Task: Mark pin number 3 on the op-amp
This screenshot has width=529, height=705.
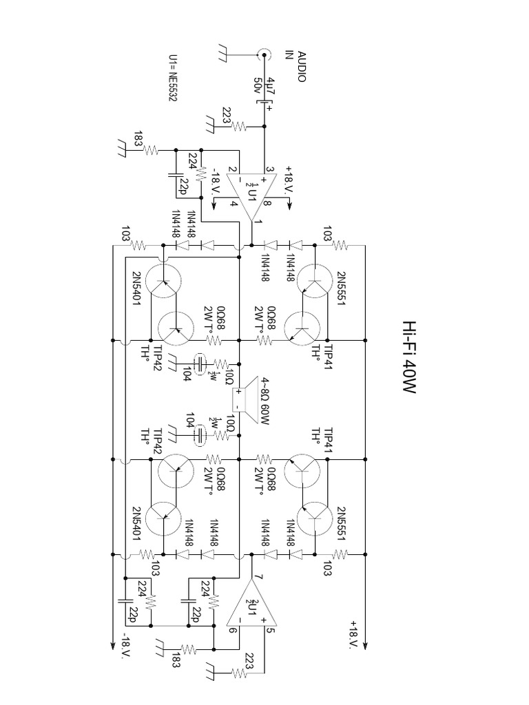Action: tap(271, 169)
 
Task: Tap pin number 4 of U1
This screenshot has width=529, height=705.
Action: tap(234, 204)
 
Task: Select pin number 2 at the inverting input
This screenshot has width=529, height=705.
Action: tap(234, 169)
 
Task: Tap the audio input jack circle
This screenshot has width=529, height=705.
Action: tap(263, 53)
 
